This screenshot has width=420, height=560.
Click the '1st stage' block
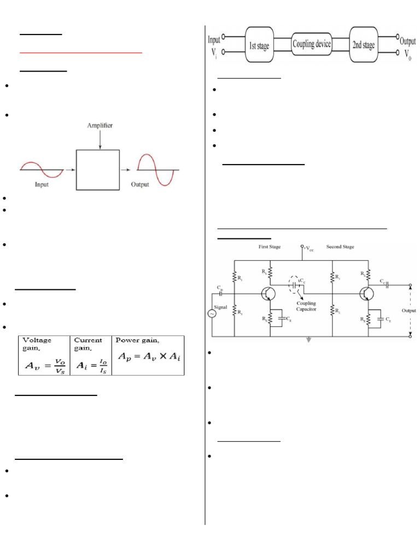coord(259,46)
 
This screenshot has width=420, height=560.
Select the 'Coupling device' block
coord(312,44)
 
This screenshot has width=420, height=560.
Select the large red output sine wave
coord(155,170)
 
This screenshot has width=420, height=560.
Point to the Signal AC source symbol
coord(212,313)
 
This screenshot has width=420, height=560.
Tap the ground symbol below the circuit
coord(310,340)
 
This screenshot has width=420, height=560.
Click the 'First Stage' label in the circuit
coord(270,247)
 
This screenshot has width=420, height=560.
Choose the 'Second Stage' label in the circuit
coord(340,247)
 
